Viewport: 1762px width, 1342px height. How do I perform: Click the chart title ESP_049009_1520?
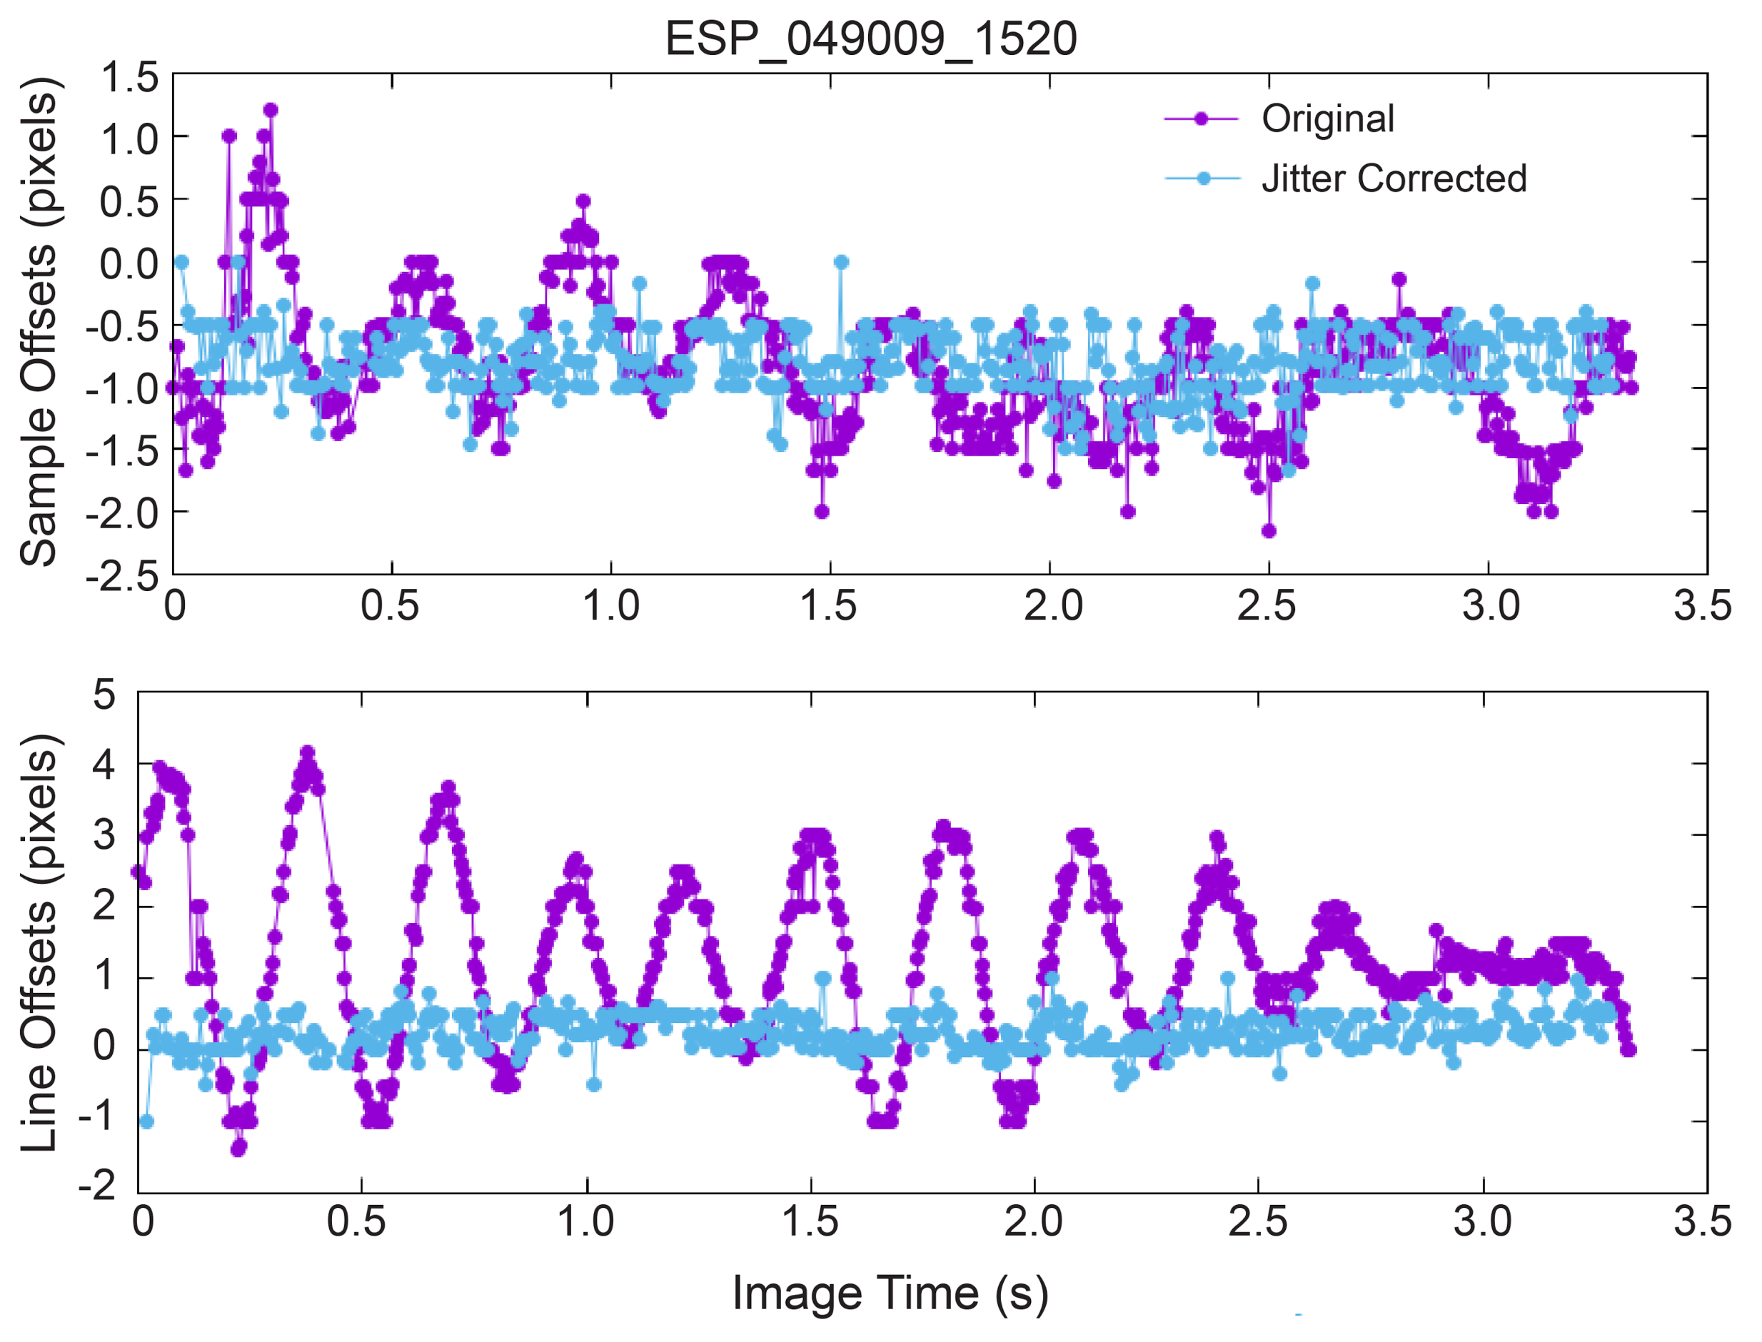pos(870,39)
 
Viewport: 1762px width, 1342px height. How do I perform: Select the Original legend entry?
pos(1326,118)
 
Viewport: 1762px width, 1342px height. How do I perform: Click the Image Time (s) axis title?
pos(890,1293)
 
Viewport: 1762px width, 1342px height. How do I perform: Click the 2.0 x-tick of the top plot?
pos(1053,605)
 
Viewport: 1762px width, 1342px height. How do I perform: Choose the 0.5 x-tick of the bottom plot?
pos(356,1222)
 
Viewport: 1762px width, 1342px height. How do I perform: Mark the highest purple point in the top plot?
pos(271,110)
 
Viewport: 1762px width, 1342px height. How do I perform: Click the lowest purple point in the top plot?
pos(1269,531)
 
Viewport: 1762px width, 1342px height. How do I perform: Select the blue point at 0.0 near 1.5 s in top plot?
pos(841,262)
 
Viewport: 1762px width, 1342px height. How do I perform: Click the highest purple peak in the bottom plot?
pos(308,752)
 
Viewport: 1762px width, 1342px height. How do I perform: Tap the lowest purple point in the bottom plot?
pos(238,1149)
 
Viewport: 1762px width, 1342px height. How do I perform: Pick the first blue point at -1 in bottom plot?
pos(146,1121)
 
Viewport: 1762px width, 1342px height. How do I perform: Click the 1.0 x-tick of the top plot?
pos(611,605)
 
